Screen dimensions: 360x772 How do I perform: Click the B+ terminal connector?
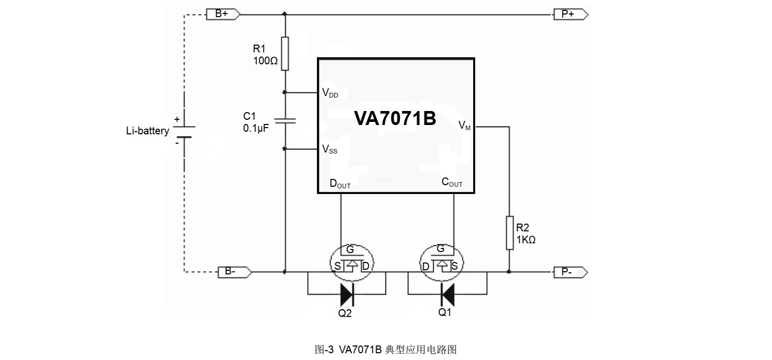point(223,14)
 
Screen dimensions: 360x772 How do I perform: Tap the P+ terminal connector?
point(570,14)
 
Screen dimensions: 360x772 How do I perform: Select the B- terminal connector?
point(234,271)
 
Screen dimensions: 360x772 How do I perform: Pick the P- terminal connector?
point(570,272)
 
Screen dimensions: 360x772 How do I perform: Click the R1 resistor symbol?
point(285,53)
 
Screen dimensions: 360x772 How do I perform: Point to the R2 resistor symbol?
point(509,233)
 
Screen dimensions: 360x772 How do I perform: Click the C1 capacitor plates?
point(285,121)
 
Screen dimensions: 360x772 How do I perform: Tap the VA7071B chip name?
point(395,119)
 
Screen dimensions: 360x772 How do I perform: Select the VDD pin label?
point(330,93)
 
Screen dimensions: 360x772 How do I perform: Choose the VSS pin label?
point(329,149)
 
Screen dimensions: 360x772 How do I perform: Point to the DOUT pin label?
point(340,184)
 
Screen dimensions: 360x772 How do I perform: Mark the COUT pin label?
point(452,182)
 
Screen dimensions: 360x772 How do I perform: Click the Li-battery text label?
point(147,131)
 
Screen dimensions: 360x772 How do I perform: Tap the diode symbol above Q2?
point(347,294)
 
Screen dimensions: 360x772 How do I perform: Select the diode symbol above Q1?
point(447,294)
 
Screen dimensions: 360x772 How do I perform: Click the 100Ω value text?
point(265,61)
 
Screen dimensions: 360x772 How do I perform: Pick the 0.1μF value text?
point(256,128)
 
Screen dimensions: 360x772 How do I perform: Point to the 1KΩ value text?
point(526,240)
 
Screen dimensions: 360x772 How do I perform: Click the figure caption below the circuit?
point(385,349)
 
